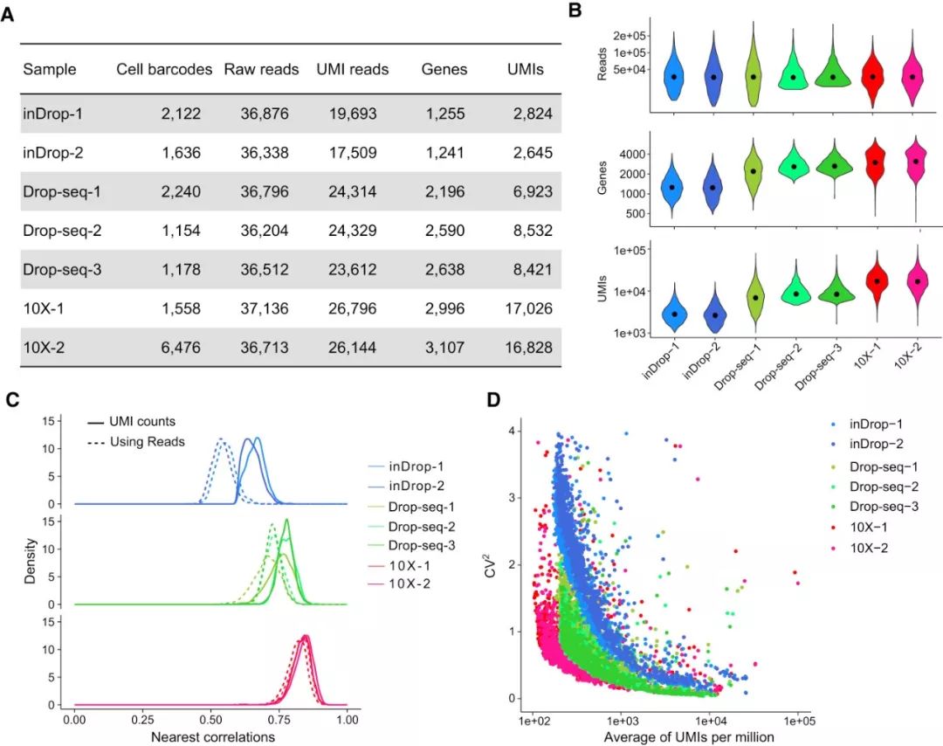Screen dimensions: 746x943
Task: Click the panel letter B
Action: pos(575,11)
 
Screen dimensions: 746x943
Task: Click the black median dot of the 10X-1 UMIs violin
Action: pos(872,280)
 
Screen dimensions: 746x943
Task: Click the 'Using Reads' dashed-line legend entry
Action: pos(147,441)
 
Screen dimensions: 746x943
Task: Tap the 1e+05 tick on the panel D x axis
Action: pos(798,722)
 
